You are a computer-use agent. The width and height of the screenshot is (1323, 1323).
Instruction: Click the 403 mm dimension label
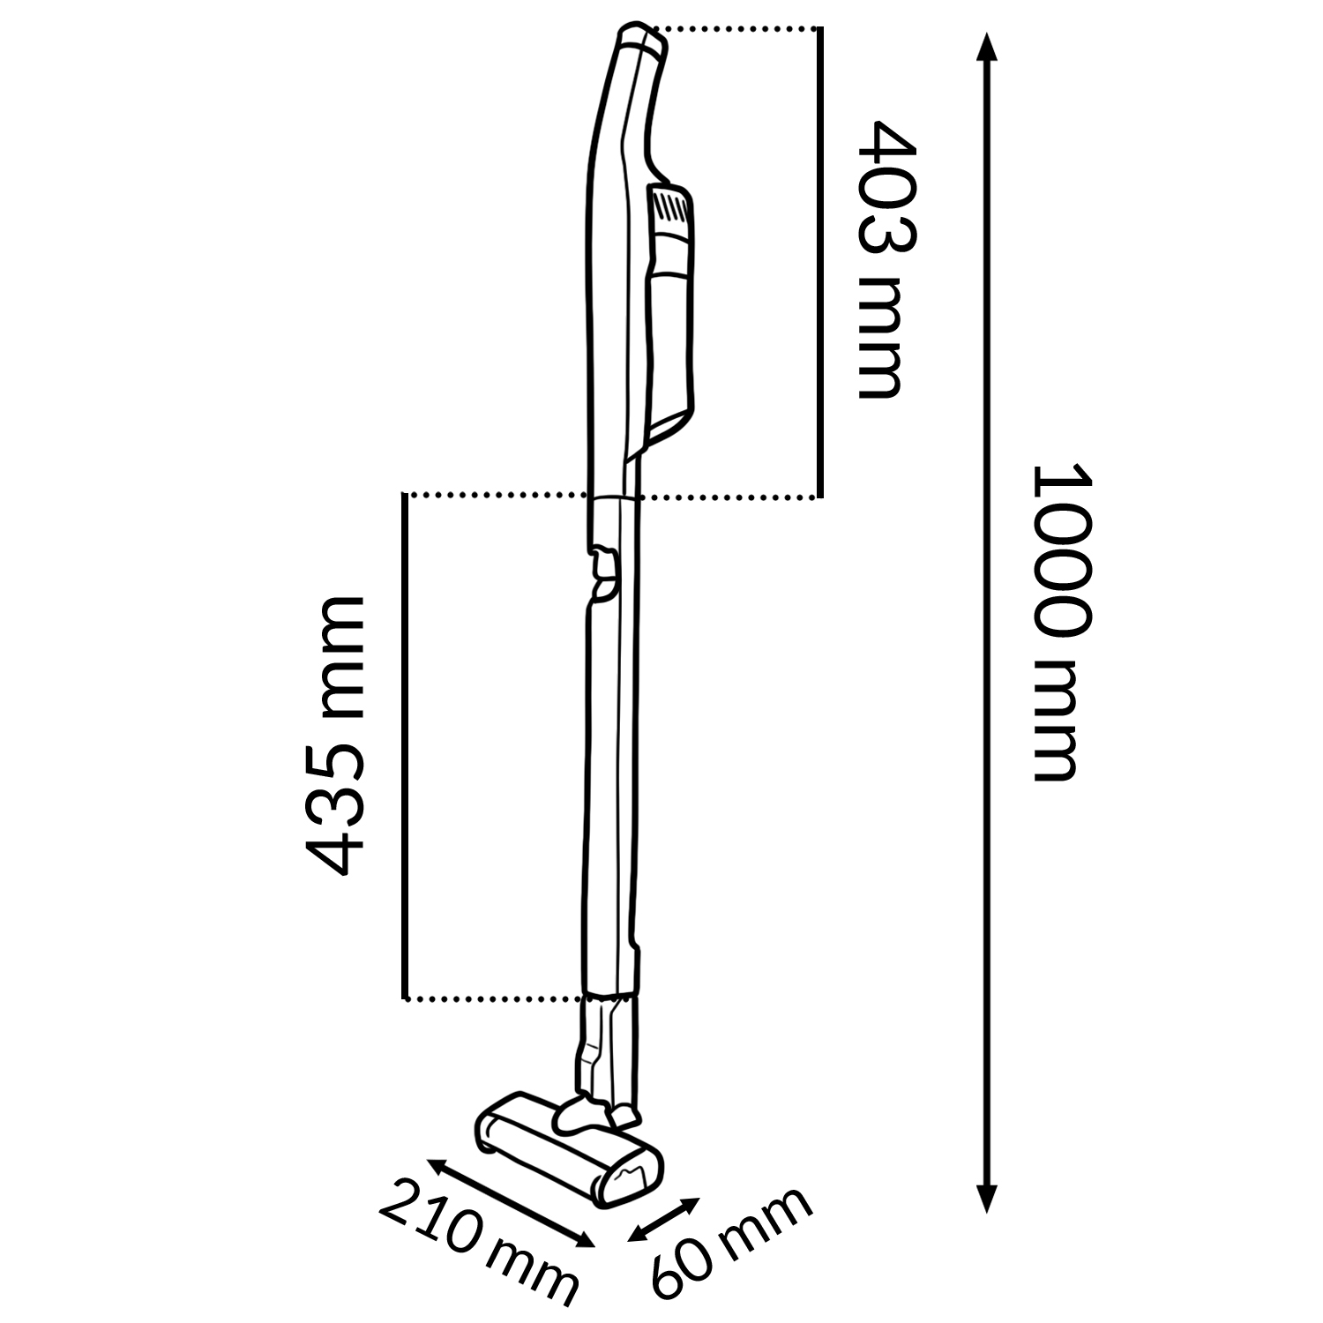881,259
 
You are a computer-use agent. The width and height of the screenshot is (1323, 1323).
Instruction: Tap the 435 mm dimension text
333,736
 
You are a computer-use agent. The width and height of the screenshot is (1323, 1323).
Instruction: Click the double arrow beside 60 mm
663,1220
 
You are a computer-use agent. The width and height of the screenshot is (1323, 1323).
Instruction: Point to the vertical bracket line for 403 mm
819,263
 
